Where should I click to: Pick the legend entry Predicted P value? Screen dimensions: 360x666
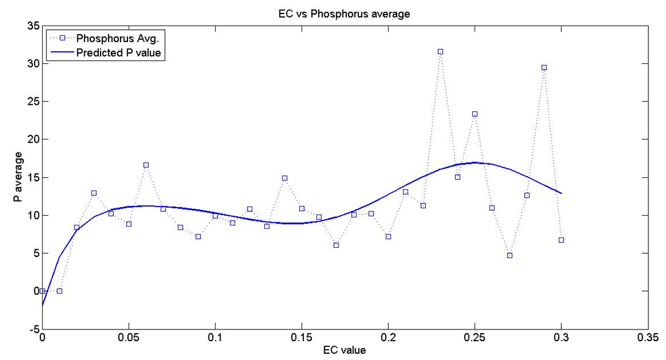(x=121, y=52)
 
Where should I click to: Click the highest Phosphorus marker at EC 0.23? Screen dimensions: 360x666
(x=440, y=52)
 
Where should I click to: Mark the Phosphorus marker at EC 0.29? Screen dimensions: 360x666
(x=544, y=68)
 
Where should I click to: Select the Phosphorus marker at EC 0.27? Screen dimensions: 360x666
(x=509, y=255)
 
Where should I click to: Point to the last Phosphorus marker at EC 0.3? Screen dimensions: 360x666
(x=561, y=240)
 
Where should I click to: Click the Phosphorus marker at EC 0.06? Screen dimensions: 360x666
(x=146, y=165)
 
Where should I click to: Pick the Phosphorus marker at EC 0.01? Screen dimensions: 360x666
(x=59, y=291)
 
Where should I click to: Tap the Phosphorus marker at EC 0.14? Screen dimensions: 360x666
(x=285, y=178)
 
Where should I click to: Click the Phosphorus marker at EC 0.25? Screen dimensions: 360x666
(x=475, y=114)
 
